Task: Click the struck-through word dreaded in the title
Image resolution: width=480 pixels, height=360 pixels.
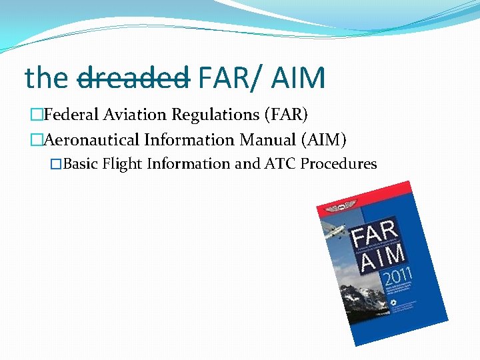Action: click(134, 78)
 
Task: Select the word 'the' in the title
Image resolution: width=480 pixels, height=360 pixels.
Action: click(47, 78)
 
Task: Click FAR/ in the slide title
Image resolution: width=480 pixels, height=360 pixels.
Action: click(227, 78)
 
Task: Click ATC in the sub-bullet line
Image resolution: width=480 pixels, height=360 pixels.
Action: click(283, 164)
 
